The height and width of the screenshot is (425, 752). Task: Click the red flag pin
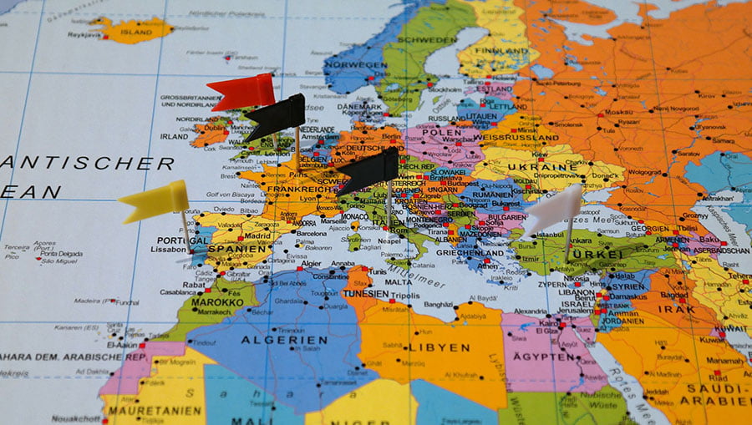pos(243,91)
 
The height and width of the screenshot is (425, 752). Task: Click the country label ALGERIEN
pos(284,340)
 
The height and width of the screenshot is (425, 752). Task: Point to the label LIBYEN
pos(438,347)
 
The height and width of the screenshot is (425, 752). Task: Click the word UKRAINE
pos(548,167)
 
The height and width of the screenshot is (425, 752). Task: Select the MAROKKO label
pos(216,301)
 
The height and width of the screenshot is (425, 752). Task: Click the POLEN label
pos(440,133)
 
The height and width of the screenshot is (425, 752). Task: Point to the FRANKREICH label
pos(298,190)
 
